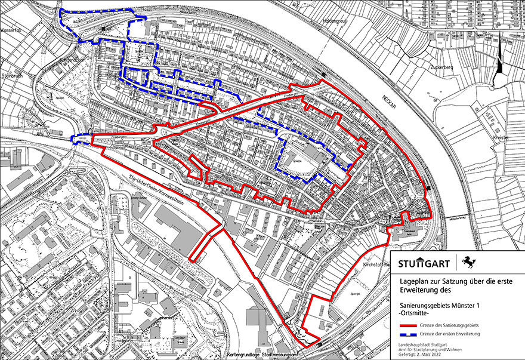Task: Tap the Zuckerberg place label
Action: pos(442,67)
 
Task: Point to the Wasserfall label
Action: pos(11,29)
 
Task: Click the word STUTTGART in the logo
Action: pos(424,263)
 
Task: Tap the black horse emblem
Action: pos(471,262)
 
